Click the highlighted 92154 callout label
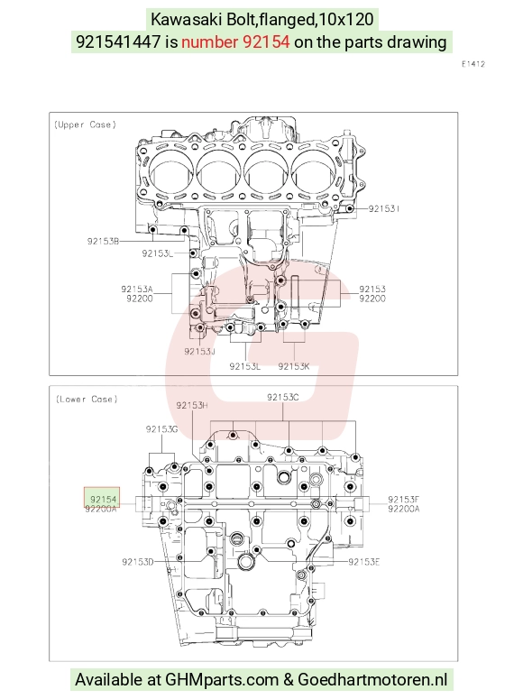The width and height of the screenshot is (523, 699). coord(103,500)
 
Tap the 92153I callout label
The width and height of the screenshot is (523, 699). coord(384,208)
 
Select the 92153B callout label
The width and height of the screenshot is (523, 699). coord(103,241)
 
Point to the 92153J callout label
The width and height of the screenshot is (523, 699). coord(200,351)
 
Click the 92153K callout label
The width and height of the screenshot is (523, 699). coord(294,366)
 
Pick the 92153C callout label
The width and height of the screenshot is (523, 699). coord(282,397)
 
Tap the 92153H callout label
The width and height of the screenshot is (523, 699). coord(192,405)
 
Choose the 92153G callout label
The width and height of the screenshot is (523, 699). coord(161,429)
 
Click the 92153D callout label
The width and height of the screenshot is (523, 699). coord(138,562)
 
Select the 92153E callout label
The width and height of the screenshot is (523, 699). coord(363,562)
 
